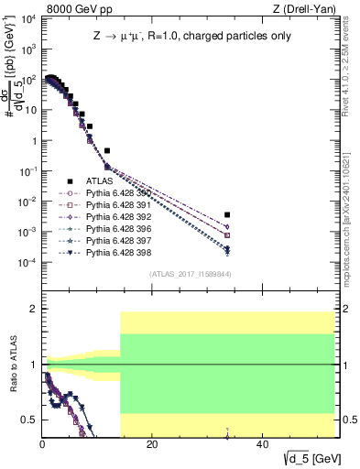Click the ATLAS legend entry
pyautogui.click(x=98, y=182)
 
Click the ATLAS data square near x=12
pyautogui.click(x=107, y=150)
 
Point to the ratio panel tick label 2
pyautogui.click(x=33, y=310)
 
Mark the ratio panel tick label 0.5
pyautogui.click(x=30, y=420)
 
